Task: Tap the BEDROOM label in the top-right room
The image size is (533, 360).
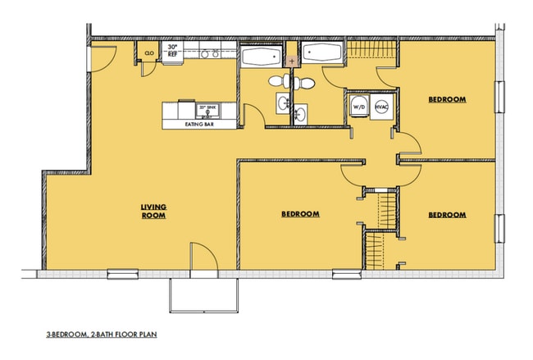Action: tap(447, 99)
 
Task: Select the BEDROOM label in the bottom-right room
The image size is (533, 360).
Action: tap(447, 215)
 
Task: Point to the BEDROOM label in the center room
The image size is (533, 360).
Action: tap(300, 214)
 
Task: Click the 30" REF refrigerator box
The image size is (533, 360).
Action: tap(172, 52)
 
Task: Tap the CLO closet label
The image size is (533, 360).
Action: tap(150, 52)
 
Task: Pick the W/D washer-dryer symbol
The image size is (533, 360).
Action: tap(359, 107)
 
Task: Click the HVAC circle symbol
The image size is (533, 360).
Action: tap(381, 107)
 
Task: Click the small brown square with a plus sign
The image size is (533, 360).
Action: tap(291, 61)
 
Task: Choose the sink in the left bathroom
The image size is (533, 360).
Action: tap(283, 103)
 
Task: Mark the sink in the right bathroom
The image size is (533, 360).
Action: tap(301, 113)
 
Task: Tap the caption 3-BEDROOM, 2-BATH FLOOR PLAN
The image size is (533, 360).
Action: tap(101, 336)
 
